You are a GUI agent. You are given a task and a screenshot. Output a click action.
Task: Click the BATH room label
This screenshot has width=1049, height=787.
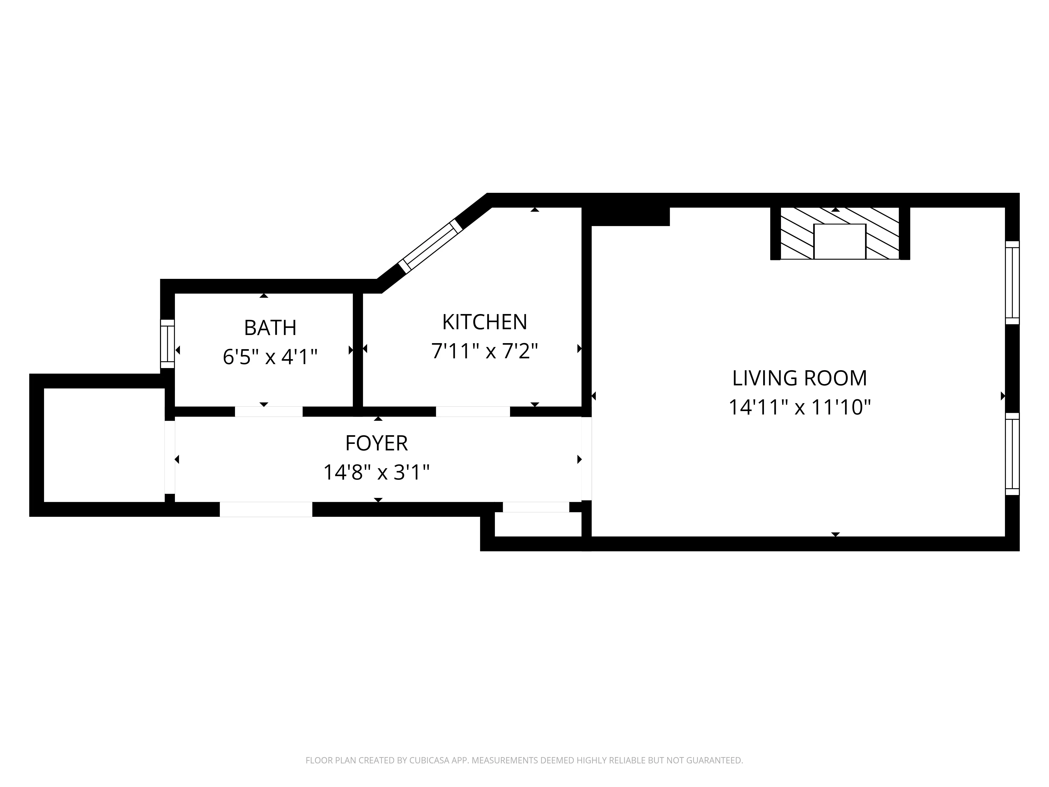270,327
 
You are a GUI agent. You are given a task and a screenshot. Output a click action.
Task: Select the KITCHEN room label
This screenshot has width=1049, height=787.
484,322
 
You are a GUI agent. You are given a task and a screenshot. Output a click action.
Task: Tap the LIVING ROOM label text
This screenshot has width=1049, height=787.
800,378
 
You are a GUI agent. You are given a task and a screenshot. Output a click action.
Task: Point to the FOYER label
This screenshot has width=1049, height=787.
376,443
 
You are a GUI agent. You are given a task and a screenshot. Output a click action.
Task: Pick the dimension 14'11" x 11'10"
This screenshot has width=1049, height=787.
800,407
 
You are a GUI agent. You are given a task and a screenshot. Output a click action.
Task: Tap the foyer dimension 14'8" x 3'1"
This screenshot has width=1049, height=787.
376,472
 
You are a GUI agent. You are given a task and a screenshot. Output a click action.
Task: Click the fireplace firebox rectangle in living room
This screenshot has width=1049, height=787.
839,241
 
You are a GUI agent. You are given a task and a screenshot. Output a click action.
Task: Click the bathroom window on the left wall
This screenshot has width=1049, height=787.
167,344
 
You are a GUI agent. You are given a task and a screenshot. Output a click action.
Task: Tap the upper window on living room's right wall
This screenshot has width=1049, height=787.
1012,283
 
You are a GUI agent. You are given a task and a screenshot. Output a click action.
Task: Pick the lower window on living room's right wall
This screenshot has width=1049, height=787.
1012,454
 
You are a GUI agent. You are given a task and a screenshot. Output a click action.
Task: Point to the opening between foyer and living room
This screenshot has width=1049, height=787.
587,458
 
